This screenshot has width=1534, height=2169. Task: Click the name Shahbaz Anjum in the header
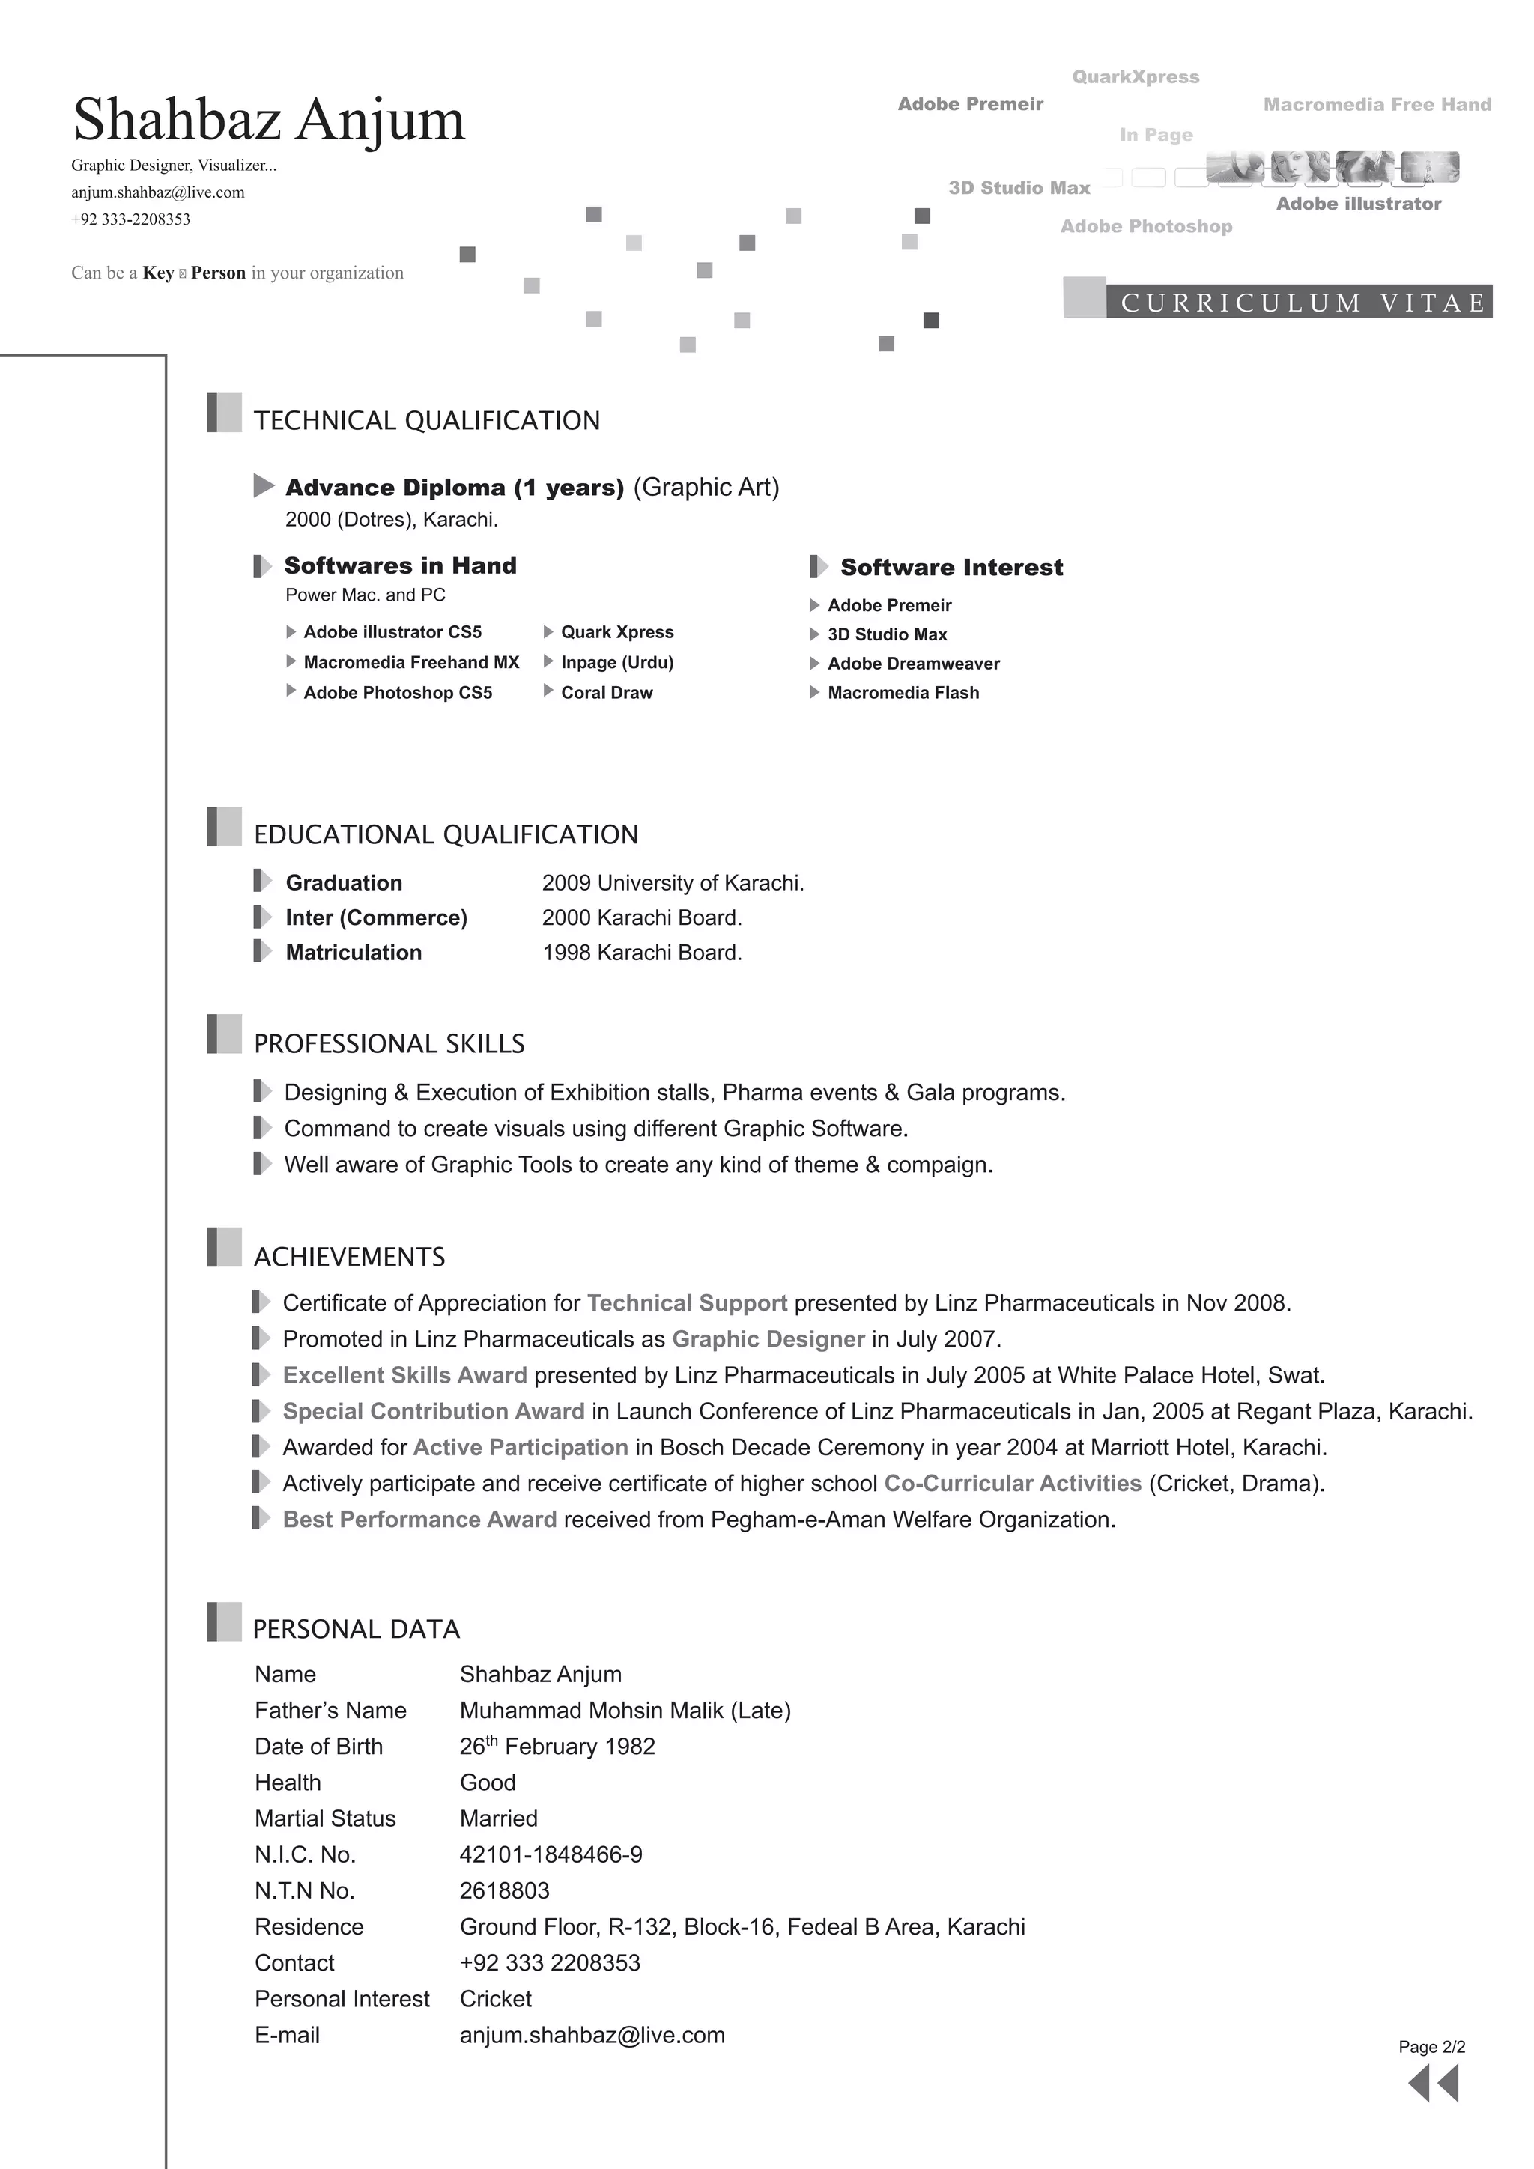pos(269,120)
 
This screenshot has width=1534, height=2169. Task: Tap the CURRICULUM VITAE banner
pos(1302,303)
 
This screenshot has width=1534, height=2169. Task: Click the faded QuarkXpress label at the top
pos(1136,76)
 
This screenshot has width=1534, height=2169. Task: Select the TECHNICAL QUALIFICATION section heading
pos(426,420)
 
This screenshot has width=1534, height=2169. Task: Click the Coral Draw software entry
pos(607,693)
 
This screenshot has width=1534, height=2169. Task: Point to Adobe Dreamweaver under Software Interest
pos(912,663)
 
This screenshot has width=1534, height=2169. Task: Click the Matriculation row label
pos(354,952)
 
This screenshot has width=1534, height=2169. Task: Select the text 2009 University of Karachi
pos(673,882)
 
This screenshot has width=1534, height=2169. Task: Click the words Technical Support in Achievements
pos(687,1302)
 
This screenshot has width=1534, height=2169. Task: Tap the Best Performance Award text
pos(419,1519)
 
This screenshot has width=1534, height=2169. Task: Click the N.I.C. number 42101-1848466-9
pos(551,1854)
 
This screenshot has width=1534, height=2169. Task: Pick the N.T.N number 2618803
pos(504,1890)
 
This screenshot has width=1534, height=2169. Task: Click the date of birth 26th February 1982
pos(557,1746)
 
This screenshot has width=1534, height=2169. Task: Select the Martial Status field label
pos(325,1818)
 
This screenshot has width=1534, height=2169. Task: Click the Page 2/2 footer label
pos(1431,2047)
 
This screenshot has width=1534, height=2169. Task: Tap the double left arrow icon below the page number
pos(1433,2083)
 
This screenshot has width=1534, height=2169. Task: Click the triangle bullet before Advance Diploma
pos(264,487)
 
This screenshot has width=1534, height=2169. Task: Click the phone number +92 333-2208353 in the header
pos(130,219)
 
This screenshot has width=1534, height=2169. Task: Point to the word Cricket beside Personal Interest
pos(495,1999)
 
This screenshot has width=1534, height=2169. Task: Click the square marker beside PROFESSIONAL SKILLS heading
pos(224,1034)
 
